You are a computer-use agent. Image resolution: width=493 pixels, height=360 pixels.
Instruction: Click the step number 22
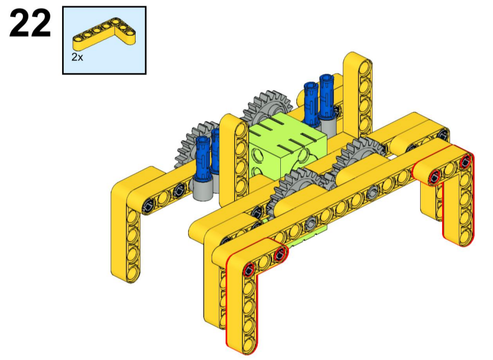pos(30,23)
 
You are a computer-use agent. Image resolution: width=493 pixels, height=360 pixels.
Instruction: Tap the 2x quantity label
pos(77,57)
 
